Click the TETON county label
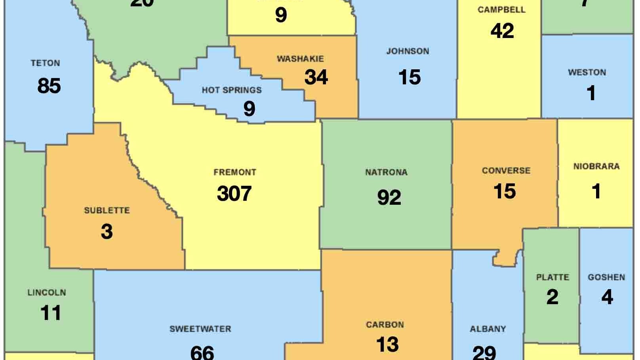(x=46, y=63)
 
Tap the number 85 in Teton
(x=49, y=86)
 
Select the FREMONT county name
(x=235, y=172)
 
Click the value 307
(x=234, y=194)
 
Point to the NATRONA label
(x=386, y=172)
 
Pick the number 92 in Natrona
(x=389, y=197)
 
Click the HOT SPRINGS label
(x=232, y=90)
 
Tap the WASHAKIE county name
(x=300, y=59)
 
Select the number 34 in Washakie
(x=316, y=77)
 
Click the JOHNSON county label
(x=408, y=51)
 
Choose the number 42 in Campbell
(x=502, y=30)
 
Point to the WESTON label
(x=587, y=72)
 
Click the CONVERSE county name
(x=506, y=171)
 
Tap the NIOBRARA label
(x=596, y=166)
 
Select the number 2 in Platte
(x=552, y=297)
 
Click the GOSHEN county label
(x=606, y=277)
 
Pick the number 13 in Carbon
(x=387, y=344)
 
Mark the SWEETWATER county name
(x=200, y=329)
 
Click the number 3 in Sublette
(x=107, y=232)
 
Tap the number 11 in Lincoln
(x=51, y=313)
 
